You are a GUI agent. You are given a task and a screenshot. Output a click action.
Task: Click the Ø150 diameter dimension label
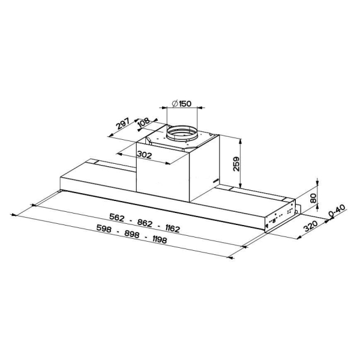pos(181,104)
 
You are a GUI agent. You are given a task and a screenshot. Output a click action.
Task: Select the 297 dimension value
pos(123,124)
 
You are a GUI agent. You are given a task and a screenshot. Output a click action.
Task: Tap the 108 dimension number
pos(144,122)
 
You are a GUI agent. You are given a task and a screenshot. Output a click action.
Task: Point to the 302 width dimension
pos(145,155)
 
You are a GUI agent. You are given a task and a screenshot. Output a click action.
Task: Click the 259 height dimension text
pos(236,164)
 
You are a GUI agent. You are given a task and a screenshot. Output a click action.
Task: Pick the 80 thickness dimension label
pos(313,198)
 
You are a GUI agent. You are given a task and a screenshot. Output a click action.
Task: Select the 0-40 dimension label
pos(337,211)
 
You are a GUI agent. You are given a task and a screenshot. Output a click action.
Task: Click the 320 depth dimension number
pos(311,226)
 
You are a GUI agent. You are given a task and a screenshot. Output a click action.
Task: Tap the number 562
pos(116,217)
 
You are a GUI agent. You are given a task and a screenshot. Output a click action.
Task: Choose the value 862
pos(145,223)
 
